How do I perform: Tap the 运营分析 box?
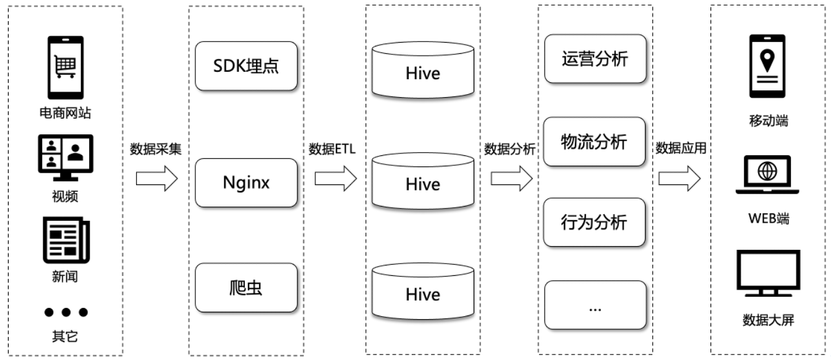pyautogui.click(x=595, y=59)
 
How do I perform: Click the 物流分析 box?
pyautogui.click(x=595, y=142)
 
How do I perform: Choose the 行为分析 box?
pyautogui.click(x=595, y=222)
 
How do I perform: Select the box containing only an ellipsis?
pyautogui.click(x=595, y=305)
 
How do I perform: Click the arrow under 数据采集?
pyautogui.click(x=156, y=179)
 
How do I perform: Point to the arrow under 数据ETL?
pyautogui.click(x=336, y=179)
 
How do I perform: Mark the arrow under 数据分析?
pyautogui.click(x=511, y=179)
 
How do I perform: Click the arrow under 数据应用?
pyautogui.click(x=680, y=179)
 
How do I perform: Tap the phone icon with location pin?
pyautogui.click(x=768, y=66)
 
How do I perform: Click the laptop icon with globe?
pyautogui.click(x=768, y=175)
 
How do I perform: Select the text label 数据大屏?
pyautogui.click(x=768, y=320)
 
